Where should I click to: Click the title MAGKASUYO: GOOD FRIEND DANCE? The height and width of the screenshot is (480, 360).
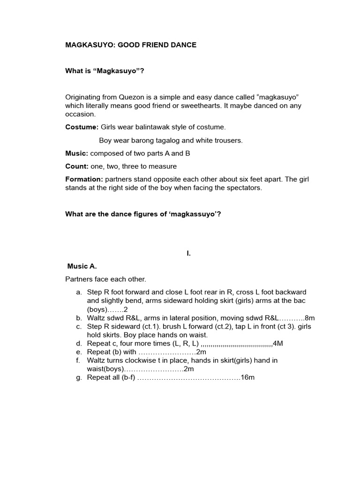(x=130, y=45)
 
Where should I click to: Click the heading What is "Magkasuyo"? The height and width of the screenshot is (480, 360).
(x=108, y=71)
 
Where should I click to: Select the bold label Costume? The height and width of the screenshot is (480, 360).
(x=82, y=127)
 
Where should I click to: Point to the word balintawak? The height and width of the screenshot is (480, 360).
(x=141, y=127)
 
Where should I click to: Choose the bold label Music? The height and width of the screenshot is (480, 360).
(x=77, y=153)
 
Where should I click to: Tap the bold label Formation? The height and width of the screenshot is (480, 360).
(x=84, y=179)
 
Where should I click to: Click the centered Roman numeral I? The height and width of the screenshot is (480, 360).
(x=188, y=253)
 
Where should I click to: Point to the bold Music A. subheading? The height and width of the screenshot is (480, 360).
(x=82, y=266)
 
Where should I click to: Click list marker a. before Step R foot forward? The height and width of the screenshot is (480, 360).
(x=78, y=292)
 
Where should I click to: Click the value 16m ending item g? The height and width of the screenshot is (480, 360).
(x=247, y=377)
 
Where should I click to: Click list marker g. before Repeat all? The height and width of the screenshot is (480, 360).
(x=78, y=377)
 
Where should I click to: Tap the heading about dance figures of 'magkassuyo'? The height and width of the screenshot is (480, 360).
(x=143, y=214)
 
